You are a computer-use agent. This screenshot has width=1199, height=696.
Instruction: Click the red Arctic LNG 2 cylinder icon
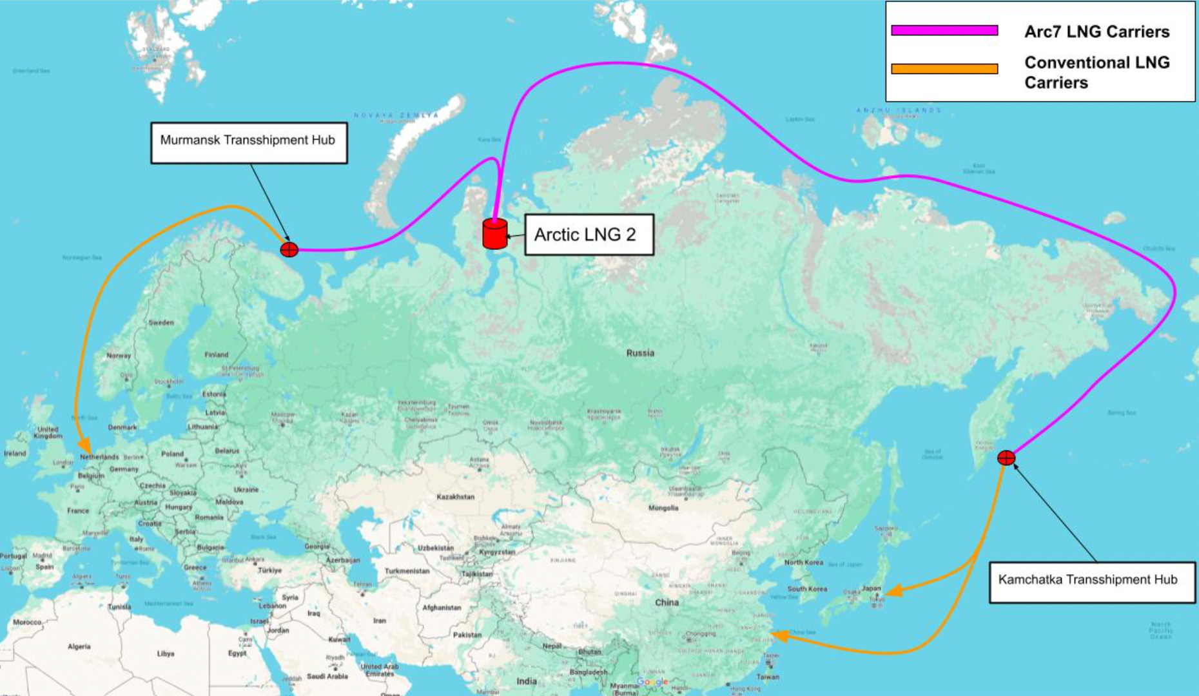494,233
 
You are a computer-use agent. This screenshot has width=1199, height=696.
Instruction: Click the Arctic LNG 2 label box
589,235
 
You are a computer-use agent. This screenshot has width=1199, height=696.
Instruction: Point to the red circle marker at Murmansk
289,249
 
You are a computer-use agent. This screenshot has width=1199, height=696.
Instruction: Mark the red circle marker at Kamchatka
1006,458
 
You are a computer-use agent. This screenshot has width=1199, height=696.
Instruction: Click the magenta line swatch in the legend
944,30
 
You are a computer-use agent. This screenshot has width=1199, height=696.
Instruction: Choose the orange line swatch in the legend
944,69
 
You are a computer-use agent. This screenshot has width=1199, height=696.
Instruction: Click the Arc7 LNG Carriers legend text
1097,32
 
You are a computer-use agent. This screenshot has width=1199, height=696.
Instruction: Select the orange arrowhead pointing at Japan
893,591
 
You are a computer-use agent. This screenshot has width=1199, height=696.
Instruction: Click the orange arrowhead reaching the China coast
779,636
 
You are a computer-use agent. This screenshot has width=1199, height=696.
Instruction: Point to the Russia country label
640,353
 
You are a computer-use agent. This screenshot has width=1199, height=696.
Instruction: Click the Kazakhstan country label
455,497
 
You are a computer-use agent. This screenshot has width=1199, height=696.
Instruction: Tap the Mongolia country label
663,508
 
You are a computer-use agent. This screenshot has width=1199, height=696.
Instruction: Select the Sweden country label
161,322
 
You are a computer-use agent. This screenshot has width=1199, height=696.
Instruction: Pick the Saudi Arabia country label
327,676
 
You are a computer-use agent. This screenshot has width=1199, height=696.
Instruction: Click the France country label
78,510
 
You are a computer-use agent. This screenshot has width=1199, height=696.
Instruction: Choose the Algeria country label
79,646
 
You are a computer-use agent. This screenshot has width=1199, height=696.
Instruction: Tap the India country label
526,681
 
